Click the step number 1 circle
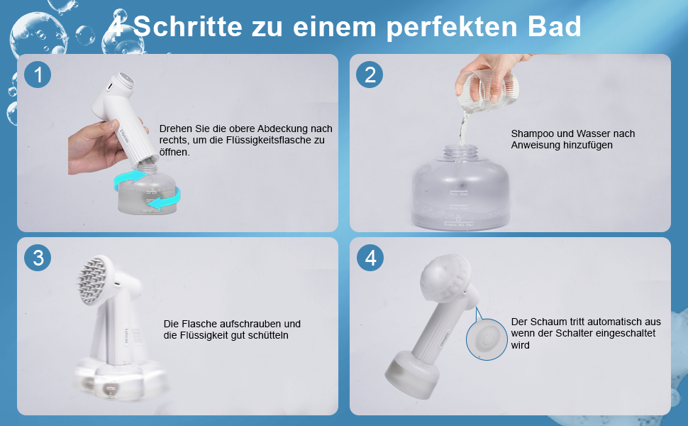point(38,75)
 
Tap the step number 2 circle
point(370,75)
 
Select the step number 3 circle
point(38,258)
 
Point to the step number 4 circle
point(370,258)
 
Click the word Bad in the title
point(554,26)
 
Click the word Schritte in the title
point(187,26)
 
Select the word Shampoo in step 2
point(531,134)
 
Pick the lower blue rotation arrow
point(164,199)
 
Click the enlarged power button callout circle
point(487,339)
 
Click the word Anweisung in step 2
point(533,146)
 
